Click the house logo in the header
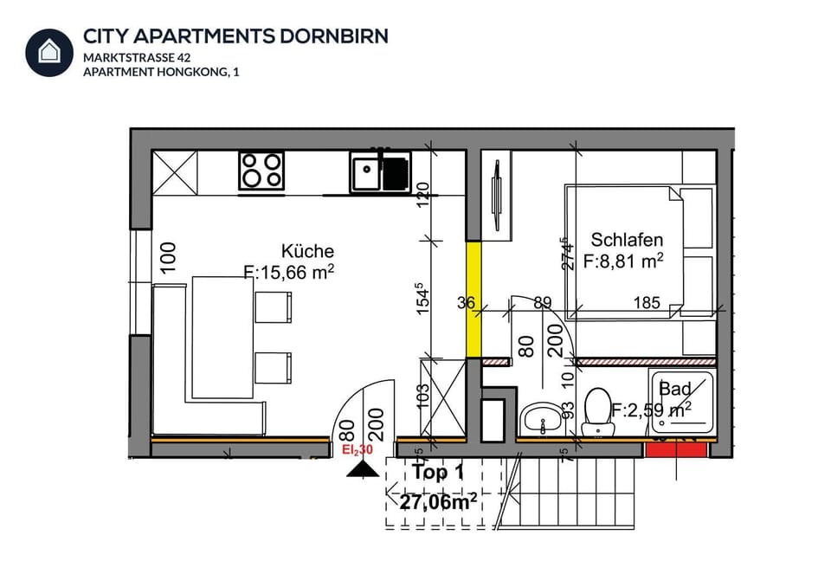point(49,52)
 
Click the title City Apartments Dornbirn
point(235,35)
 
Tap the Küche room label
point(307,251)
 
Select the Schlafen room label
point(627,240)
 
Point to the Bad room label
point(675,390)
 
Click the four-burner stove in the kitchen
point(261,170)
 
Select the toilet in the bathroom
point(597,411)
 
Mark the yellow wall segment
point(473,299)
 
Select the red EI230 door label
point(357,450)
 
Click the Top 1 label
point(437,473)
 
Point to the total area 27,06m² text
point(438,500)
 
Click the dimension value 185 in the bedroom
point(647,303)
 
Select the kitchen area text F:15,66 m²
point(290,273)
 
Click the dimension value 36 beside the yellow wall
point(466,302)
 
